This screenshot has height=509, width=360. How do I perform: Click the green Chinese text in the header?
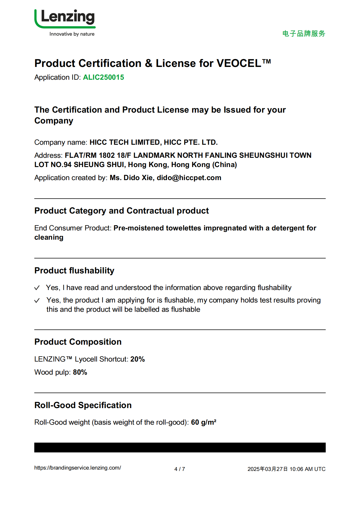pyautogui.click(x=304, y=33)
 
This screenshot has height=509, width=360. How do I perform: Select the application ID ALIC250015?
pyautogui.click(x=103, y=78)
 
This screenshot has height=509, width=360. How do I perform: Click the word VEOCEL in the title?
pyautogui.click(x=239, y=63)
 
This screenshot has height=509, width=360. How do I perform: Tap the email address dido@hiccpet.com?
pyautogui.click(x=189, y=178)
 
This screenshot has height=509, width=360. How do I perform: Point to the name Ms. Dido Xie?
pyautogui.click(x=131, y=178)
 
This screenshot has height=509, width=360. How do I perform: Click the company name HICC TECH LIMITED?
pyautogui.click(x=125, y=142)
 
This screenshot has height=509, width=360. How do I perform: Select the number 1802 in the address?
pyautogui.click(x=107, y=155)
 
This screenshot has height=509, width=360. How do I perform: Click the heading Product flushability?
pyautogui.click(x=74, y=270)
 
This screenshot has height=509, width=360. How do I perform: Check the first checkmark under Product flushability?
pyautogui.click(x=37, y=288)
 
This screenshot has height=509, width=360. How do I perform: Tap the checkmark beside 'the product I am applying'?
pyautogui.click(x=37, y=300)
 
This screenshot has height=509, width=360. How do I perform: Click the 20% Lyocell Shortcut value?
pyautogui.click(x=137, y=359)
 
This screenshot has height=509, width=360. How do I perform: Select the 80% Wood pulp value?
pyautogui.click(x=80, y=372)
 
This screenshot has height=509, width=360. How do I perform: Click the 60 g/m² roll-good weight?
pyautogui.click(x=204, y=422)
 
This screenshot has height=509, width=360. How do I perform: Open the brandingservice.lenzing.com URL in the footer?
pyautogui.click(x=78, y=468)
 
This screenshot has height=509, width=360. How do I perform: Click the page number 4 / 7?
pyautogui.click(x=180, y=469)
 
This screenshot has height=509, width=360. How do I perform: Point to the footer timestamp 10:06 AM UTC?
pyautogui.click(x=307, y=469)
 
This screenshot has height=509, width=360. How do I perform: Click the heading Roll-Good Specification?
pyautogui.click(x=83, y=405)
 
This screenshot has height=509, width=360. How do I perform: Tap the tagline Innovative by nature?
pyautogui.click(x=72, y=34)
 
